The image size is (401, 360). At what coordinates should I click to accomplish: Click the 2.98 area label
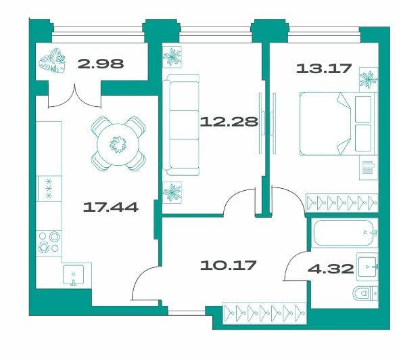click(x=101, y=64)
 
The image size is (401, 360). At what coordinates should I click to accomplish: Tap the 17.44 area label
click(x=111, y=207)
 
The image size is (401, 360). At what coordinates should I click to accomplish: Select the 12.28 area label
click(x=229, y=122)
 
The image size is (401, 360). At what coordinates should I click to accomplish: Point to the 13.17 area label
click(x=324, y=68)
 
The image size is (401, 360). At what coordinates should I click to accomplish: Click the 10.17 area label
click(x=228, y=265)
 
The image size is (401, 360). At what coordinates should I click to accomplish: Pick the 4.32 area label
click(x=331, y=269)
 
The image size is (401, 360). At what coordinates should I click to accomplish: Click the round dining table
click(x=118, y=144)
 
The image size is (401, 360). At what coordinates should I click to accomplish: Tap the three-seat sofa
click(x=181, y=125)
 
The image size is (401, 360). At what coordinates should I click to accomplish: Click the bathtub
click(x=344, y=233)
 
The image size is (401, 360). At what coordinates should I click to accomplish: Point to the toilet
click(x=365, y=293)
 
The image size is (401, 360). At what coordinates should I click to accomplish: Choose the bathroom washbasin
click(x=367, y=267)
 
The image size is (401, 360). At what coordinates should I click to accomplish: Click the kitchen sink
click(x=74, y=274)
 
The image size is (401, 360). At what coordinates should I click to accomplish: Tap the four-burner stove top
click(x=49, y=242)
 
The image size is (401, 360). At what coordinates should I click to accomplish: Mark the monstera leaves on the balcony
click(x=52, y=61)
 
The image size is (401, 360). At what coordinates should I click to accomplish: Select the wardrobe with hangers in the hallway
click(x=264, y=313)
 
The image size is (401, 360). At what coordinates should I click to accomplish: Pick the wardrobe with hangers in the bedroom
click(x=342, y=203)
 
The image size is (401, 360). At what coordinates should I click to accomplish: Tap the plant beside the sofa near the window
click(x=172, y=57)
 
